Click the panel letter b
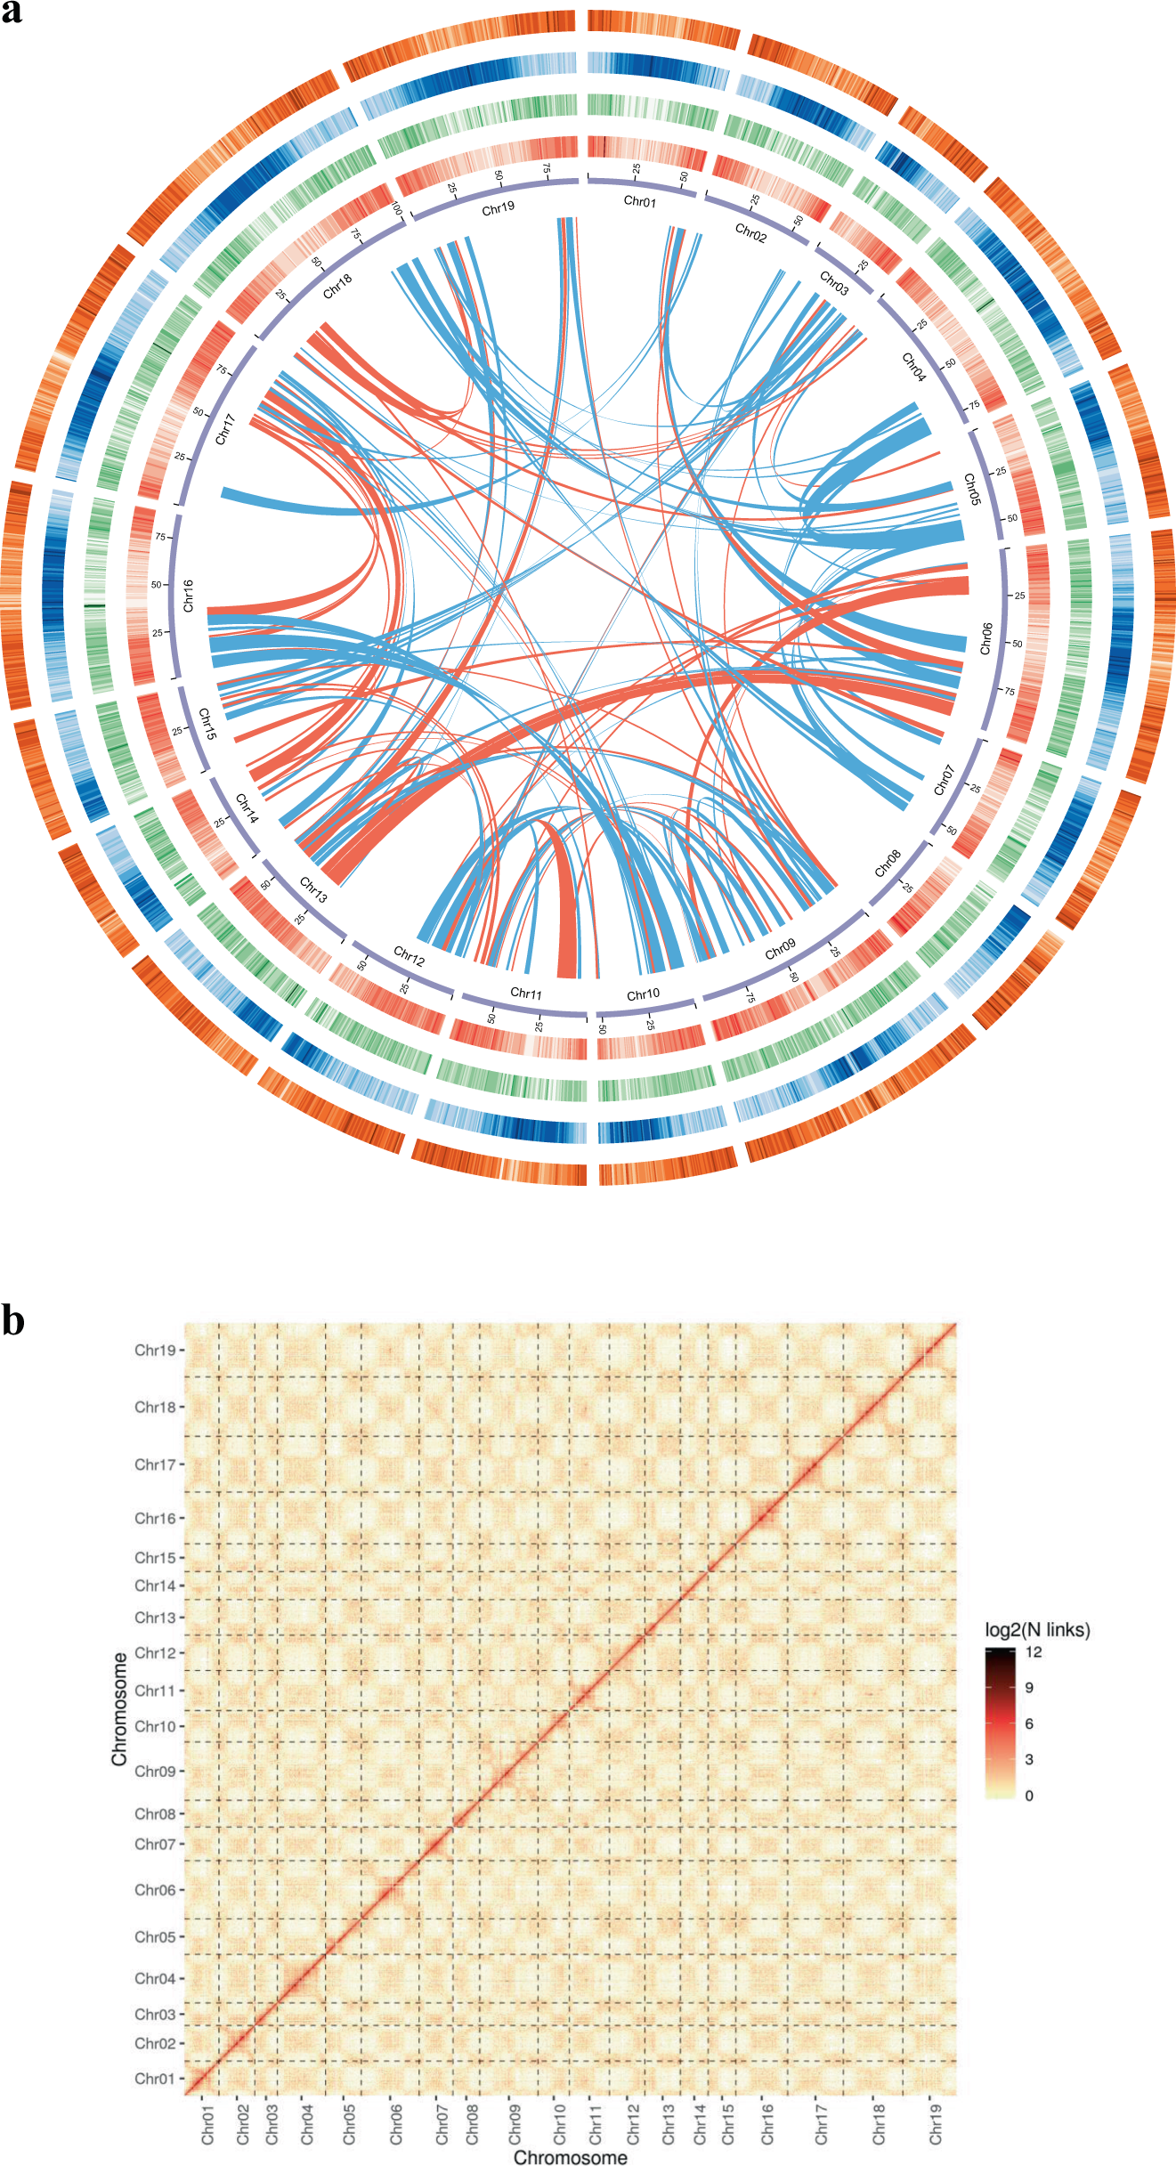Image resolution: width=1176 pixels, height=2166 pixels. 12,1320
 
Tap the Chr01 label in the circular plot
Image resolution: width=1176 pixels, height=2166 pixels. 639,202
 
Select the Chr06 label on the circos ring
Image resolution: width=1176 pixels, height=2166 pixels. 985,638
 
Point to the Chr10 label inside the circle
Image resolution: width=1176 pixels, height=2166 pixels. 643,994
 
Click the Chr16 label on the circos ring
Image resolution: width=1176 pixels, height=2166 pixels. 188,596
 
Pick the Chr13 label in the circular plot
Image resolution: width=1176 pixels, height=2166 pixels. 313,890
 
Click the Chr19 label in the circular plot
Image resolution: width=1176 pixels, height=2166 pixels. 498,208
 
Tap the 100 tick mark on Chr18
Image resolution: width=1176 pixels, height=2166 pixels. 397,210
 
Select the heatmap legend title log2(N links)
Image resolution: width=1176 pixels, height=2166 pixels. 1037,1630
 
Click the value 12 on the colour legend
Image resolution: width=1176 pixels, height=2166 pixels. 1034,1652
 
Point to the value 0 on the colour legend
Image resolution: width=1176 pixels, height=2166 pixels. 1029,1796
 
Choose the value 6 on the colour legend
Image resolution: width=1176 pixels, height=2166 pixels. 1029,1724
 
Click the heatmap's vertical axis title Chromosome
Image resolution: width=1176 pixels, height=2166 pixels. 119,1708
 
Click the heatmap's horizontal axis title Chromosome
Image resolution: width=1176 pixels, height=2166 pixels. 570,2157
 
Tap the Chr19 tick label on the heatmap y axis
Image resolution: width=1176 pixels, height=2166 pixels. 155,1351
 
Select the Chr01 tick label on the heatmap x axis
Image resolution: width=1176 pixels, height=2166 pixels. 207,2124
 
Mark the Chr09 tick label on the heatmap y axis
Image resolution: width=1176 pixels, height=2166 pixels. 155,1771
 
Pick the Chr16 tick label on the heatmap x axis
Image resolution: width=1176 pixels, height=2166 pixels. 767,2124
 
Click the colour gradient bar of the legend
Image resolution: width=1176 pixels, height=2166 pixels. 1001,1724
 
